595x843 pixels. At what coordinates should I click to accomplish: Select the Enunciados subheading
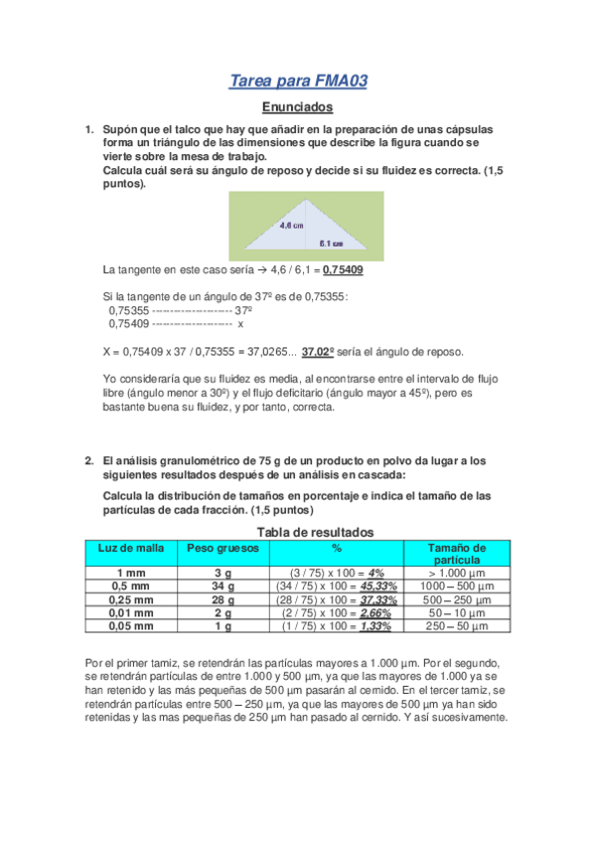click(297, 107)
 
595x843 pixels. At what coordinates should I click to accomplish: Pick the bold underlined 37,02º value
click(317, 352)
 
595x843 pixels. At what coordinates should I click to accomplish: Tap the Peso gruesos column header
click(218, 548)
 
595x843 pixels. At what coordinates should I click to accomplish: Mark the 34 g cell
click(218, 587)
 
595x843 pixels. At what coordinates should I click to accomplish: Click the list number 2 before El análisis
click(88, 460)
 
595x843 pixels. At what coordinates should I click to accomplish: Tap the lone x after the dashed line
click(240, 324)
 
